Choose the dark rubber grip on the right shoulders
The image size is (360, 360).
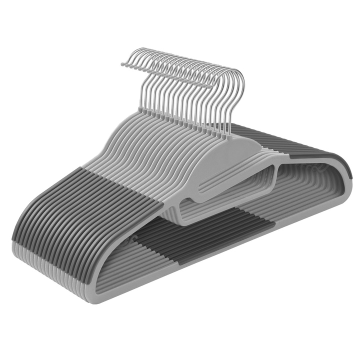pyautogui.click(x=320, y=150)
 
